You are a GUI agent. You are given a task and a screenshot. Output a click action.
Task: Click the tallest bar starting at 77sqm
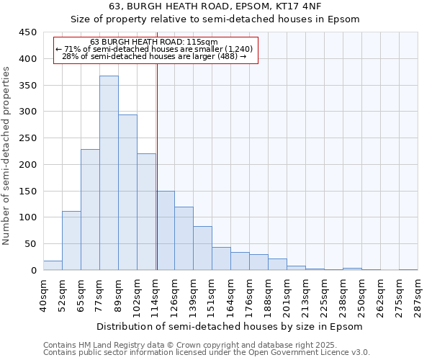(109, 173)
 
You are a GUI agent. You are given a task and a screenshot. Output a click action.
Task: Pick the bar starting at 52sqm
(71, 240)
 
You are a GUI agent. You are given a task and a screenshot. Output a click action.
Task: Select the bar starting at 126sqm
(184, 238)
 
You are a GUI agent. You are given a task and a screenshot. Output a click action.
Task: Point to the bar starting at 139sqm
(202, 248)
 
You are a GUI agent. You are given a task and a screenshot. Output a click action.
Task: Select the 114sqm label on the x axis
(156, 295)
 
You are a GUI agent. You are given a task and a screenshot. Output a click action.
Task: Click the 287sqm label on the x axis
(418, 295)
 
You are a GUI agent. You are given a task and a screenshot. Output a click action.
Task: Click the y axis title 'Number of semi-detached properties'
(6, 156)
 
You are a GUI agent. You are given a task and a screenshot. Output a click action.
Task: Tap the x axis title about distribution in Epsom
(230, 326)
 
